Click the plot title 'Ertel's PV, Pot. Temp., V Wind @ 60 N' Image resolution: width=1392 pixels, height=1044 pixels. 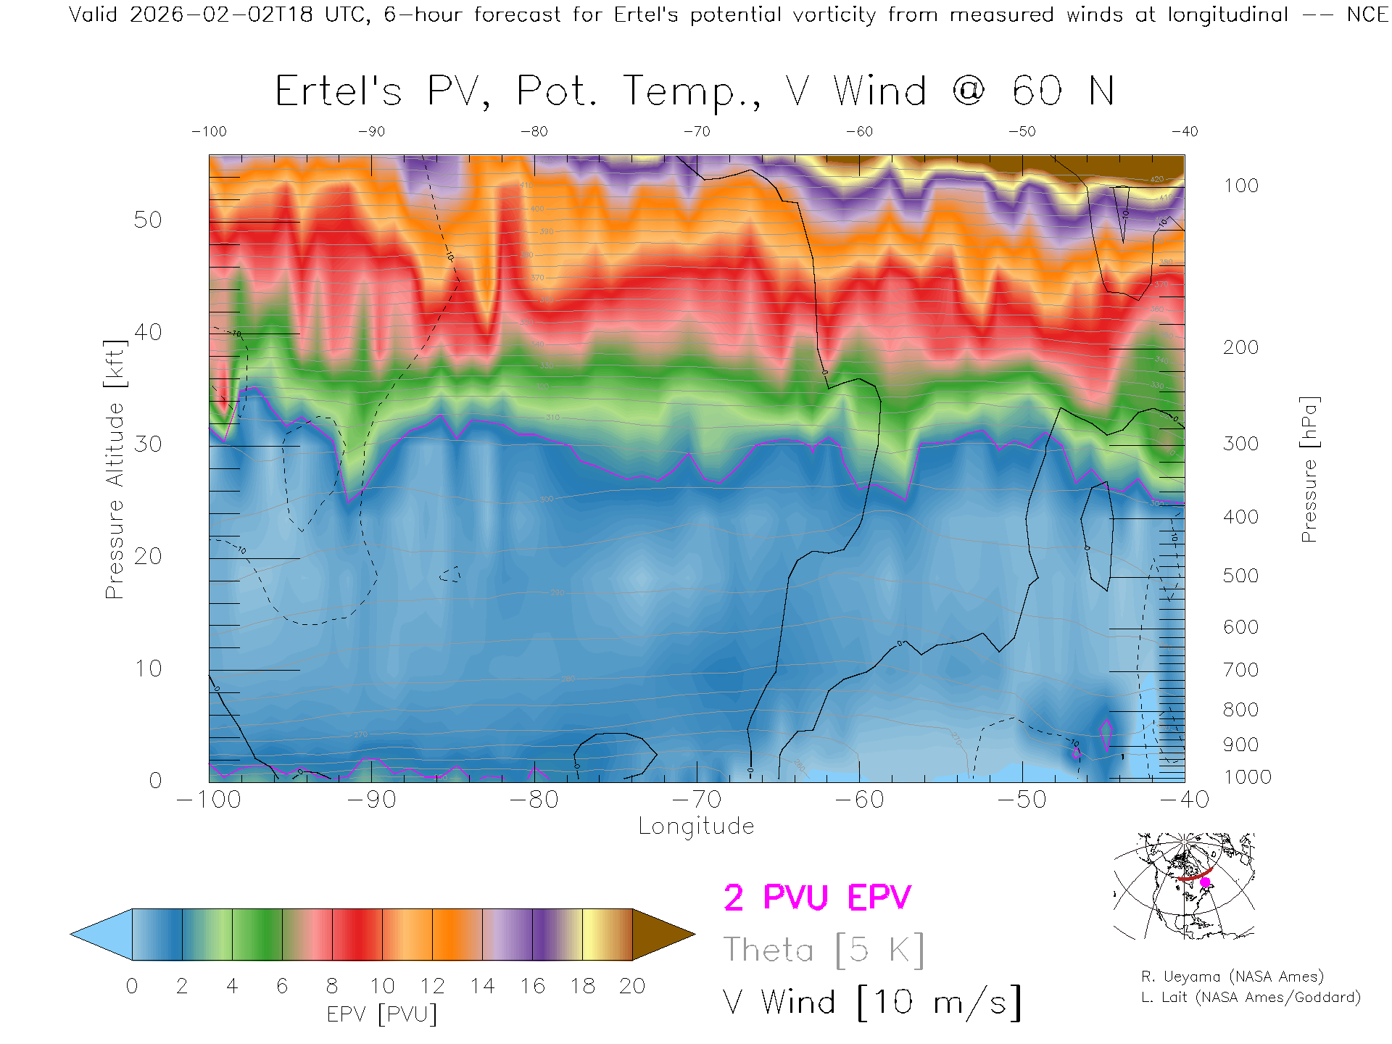pyautogui.click(x=695, y=92)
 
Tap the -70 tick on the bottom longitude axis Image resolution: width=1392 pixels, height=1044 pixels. pyautogui.click(x=697, y=799)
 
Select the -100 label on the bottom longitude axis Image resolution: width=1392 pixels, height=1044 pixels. pyautogui.click(x=209, y=799)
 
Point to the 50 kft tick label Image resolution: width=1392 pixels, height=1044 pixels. pyautogui.click(x=147, y=220)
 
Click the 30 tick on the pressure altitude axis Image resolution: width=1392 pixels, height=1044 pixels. pyautogui.click(x=147, y=444)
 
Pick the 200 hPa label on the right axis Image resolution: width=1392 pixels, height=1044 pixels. pyautogui.click(x=1240, y=347)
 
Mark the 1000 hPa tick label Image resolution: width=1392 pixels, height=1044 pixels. pyautogui.click(x=1247, y=777)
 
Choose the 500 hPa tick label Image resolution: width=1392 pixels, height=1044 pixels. pyautogui.click(x=1240, y=576)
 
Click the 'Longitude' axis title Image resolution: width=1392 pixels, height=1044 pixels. pyautogui.click(x=696, y=826)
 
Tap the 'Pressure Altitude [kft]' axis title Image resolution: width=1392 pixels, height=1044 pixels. pyautogui.click(x=115, y=469)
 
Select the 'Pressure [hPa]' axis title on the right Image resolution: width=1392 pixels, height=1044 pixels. pyautogui.click(x=1309, y=469)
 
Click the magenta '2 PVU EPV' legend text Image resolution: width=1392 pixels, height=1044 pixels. pyautogui.click(x=817, y=898)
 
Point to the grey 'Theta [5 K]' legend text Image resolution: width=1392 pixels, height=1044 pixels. pyautogui.click(x=824, y=950)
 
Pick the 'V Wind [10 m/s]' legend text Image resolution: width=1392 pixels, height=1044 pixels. pyautogui.click(x=871, y=1003)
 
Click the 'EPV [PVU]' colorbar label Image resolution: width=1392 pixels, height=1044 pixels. pyautogui.click(x=382, y=1014)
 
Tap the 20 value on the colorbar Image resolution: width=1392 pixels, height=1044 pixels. pyautogui.click(x=632, y=986)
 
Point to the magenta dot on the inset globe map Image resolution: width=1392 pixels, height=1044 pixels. pyautogui.click(x=1205, y=882)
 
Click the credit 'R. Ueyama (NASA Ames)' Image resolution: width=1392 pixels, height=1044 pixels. pyautogui.click(x=1232, y=977)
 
